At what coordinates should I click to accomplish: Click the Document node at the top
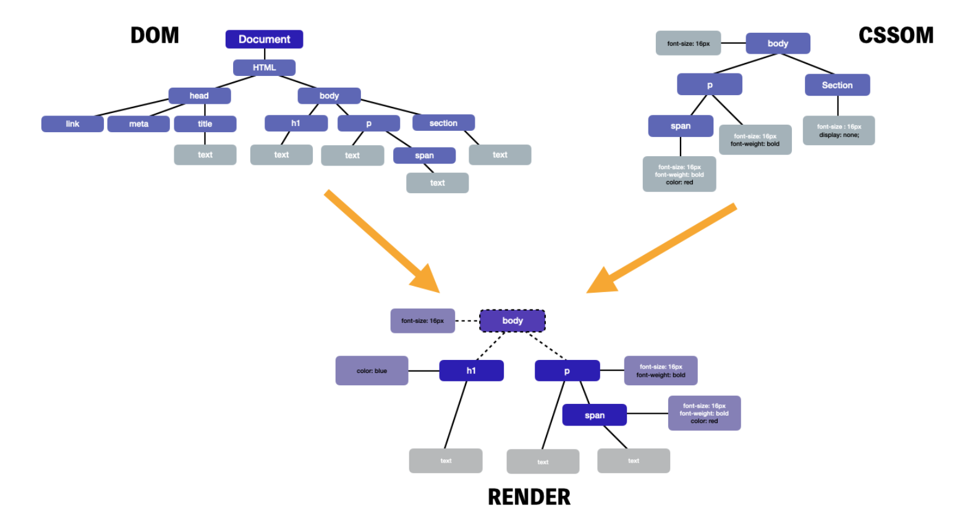tap(264, 39)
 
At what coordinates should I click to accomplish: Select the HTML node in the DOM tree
tap(264, 68)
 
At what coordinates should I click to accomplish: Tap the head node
tap(200, 96)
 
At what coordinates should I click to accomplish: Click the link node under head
tap(72, 124)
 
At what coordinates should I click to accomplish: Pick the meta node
tap(138, 124)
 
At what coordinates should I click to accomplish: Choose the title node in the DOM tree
tap(205, 124)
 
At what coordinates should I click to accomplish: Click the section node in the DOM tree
tap(443, 123)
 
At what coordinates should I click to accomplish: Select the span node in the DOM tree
tap(425, 156)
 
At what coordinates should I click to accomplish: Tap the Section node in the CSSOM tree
tap(837, 85)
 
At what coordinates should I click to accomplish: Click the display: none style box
tap(839, 130)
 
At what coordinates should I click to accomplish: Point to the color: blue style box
tap(372, 371)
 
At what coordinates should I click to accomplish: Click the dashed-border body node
tap(512, 320)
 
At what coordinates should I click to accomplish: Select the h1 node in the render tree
tap(471, 371)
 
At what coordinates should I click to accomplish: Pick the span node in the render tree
tap(594, 415)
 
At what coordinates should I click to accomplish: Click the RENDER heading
tap(529, 497)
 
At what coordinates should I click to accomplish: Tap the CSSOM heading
tap(896, 36)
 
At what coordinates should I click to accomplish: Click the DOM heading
tap(155, 36)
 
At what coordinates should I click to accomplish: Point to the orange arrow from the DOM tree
tap(382, 241)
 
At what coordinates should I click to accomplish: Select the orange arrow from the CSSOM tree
tap(661, 248)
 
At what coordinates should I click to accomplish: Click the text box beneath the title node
tap(205, 155)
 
